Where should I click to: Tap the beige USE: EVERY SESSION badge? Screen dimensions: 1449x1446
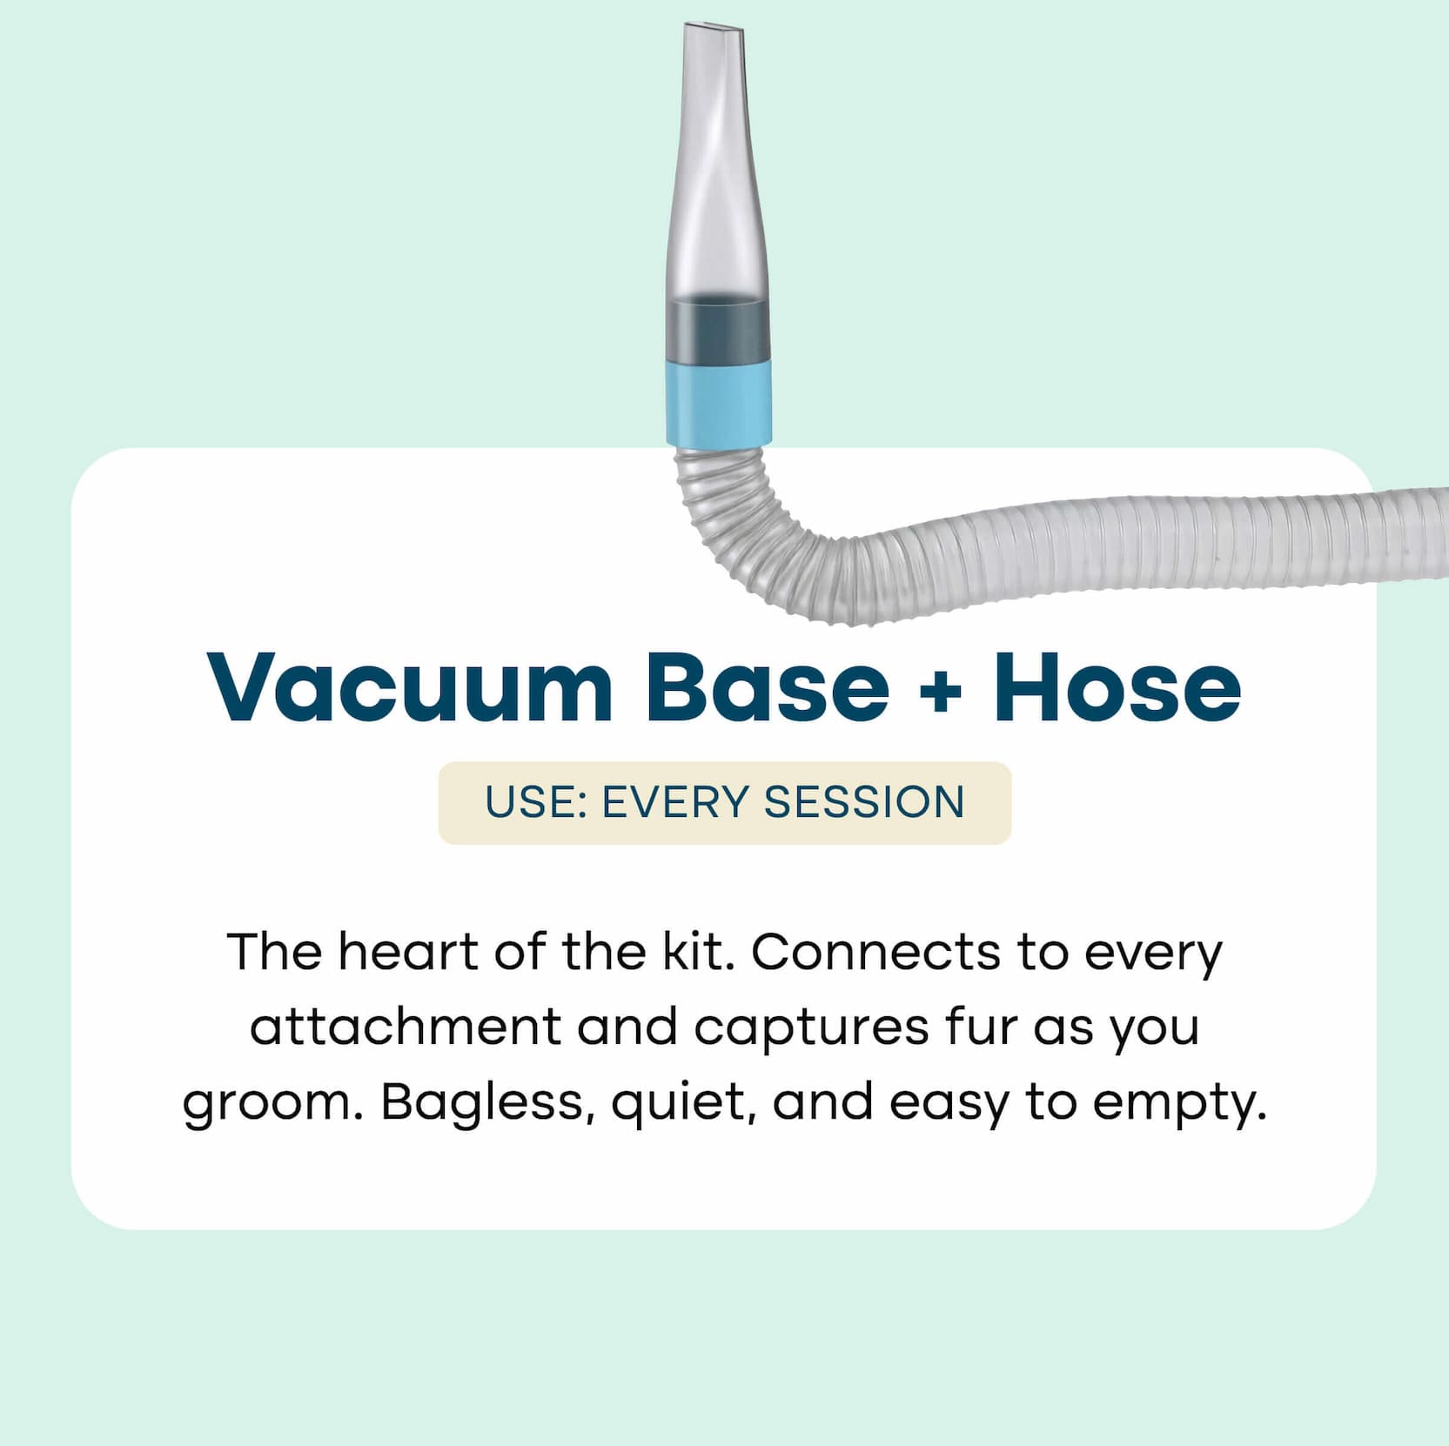[725, 802]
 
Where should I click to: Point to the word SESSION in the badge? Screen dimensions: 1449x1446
[864, 802]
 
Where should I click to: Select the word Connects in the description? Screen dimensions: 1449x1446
[875, 952]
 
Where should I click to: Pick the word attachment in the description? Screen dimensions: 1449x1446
[406, 1027]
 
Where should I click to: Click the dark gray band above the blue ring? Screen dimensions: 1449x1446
[719, 329]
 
